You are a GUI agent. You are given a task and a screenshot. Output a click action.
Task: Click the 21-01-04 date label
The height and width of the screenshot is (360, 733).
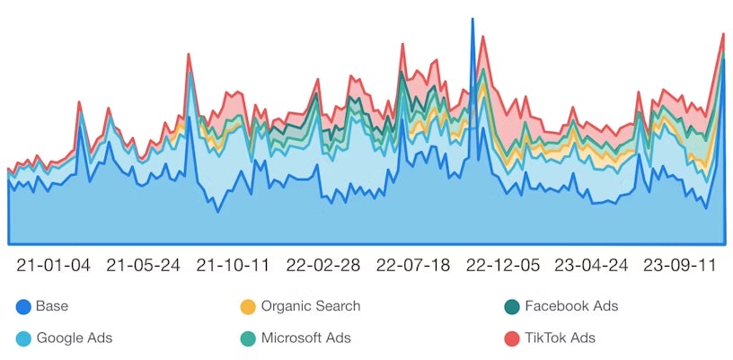(54, 266)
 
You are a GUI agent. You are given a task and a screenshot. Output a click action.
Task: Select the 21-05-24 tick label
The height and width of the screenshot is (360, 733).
(144, 266)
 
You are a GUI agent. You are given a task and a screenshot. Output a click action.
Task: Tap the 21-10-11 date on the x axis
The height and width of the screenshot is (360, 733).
(234, 266)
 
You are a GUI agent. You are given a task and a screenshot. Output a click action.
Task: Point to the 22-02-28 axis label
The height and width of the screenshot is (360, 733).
(323, 266)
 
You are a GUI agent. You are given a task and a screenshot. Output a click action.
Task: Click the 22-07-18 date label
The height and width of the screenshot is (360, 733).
(413, 266)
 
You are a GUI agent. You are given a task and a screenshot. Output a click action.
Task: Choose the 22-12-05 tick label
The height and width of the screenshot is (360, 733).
(502, 266)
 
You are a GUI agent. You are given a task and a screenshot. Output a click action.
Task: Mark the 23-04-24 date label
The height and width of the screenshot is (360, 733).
(591, 266)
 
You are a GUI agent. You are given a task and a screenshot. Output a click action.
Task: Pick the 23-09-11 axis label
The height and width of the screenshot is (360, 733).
(680, 266)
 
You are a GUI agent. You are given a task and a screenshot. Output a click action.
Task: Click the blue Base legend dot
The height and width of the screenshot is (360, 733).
(23, 307)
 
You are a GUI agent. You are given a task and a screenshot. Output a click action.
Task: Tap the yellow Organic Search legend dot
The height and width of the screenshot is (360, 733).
(248, 307)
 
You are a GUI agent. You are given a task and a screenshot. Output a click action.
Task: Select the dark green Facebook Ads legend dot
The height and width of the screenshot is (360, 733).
(512, 307)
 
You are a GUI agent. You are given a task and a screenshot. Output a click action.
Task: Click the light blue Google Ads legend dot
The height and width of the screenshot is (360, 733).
(23, 338)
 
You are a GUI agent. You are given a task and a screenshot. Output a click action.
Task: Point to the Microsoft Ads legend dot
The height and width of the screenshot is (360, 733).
(248, 338)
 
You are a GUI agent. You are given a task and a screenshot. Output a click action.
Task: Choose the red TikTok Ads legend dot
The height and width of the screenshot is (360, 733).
(512, 338)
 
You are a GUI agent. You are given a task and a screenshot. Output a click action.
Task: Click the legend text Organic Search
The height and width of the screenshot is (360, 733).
(311, 306)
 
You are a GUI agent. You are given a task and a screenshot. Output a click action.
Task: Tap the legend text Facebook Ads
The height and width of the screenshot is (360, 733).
(571, 306)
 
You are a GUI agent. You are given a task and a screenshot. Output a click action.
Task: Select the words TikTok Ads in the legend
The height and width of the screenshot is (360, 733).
(561, 338)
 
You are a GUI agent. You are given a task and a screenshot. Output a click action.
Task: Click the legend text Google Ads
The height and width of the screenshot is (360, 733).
(75, 338)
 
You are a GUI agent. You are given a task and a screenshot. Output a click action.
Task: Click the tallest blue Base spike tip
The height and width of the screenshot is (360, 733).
(472, 19)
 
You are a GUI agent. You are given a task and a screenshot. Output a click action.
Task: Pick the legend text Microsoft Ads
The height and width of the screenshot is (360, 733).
(306, 338)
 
